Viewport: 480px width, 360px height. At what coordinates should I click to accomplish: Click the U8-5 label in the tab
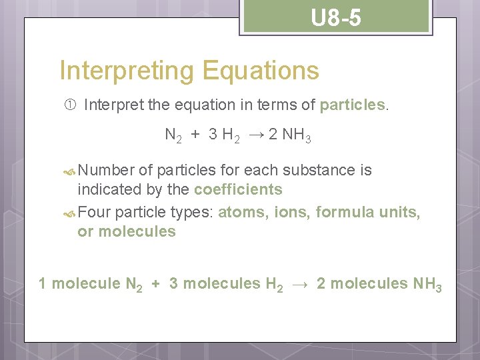[x=336, y=18]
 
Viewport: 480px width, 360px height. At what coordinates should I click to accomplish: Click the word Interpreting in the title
[x=121, y=70]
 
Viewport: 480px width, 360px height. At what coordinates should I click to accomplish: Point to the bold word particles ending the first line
[x=353, y=105]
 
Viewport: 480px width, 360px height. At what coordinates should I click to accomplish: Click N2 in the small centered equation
[x=173, y=135]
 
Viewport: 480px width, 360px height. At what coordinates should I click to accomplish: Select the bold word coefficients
[x=238, y=189]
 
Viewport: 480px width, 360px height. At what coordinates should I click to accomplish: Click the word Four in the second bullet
[x=94, y=213]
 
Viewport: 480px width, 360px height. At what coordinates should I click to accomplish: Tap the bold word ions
[x=292, y=213]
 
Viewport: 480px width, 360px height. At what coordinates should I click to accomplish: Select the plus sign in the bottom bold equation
[x=155, y=284]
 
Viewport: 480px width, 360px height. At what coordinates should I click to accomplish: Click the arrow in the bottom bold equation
[x=299, y=284]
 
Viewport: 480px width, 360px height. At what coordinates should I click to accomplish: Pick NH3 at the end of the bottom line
[x=427, y=284]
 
